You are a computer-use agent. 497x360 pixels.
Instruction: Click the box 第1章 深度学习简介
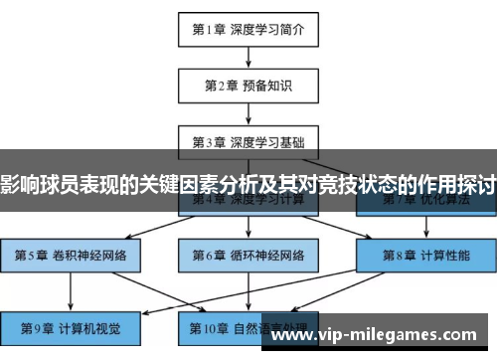(248, 29)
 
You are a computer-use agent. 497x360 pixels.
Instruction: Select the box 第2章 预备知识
(248, 84)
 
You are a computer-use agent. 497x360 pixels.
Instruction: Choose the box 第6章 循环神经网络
(248, 254)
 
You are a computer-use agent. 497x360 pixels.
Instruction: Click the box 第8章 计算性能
(426, 254)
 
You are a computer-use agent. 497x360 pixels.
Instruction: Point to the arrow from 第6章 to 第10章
(248, 289)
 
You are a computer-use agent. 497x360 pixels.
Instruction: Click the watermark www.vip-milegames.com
(383, 336)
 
